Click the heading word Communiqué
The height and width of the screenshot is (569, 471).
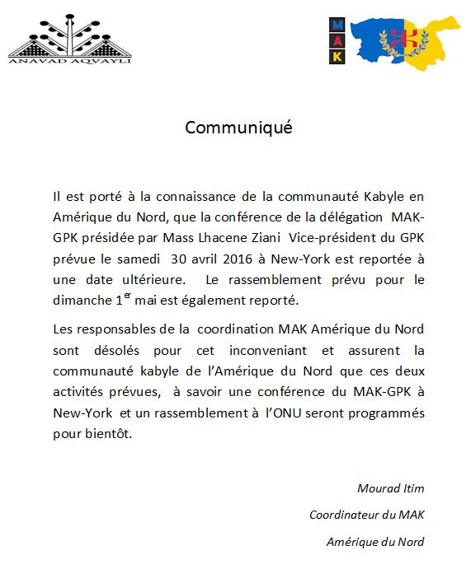238,128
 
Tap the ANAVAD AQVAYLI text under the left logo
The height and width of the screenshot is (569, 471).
69,59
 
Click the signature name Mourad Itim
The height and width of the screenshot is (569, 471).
391,488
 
